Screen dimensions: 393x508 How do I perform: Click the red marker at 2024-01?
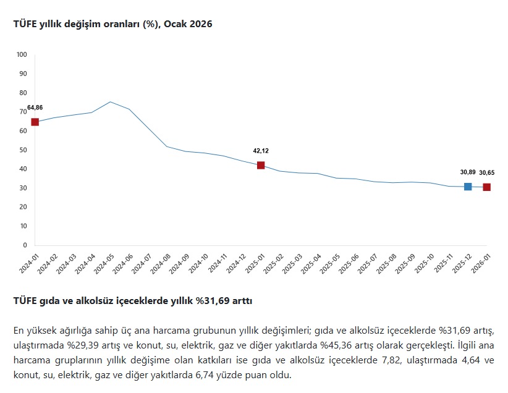pyautogui.click(x=35, y=122)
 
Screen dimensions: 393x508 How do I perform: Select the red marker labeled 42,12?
pyautogui.click(x=261, y=165)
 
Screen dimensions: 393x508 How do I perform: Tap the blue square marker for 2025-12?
pyautogui.click(x=468, y=187)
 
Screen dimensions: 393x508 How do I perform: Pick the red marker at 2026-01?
pyautogui.click(x=487, y=187)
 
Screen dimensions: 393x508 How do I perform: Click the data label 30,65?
pyautogui.click(x=487, y=172)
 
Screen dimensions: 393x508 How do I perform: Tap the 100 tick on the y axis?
pyautogui.click(x=22, y=54)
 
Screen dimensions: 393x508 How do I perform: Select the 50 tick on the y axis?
pyautogui.click(x=23, y=150)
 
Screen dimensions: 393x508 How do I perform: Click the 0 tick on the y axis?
pyautogui.click(x=25, y=245)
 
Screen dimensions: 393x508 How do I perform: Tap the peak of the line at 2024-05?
pyautogui.click(x=110, y=102)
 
